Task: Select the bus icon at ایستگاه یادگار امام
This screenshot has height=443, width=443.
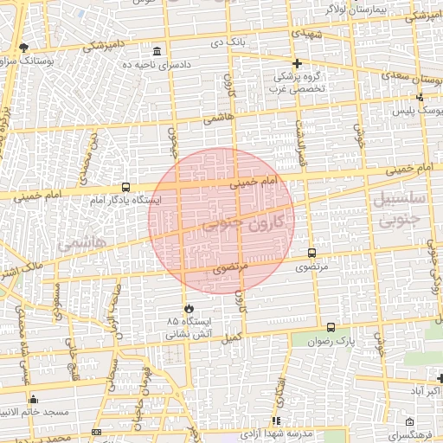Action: pyautogui.click(x=126, y=187)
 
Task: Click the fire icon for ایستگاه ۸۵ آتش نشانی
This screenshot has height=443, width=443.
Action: pyautogui.click(x=189, y=307)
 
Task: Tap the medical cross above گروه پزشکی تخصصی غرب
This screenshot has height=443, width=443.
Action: pyautogui.click(x=297, y=63)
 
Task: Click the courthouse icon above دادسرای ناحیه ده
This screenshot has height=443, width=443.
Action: pyautogui.click(x=157, y=52)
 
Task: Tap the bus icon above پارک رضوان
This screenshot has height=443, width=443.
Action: pyautogui.click(x=331, y=327)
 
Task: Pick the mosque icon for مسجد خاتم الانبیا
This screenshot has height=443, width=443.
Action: pyautogui.click(x=33, y=399)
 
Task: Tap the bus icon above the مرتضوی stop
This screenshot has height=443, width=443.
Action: pyautogui.click(x=311, y=254)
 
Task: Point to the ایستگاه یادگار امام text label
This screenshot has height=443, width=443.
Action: pyautogui.click(x=121, y=201)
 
